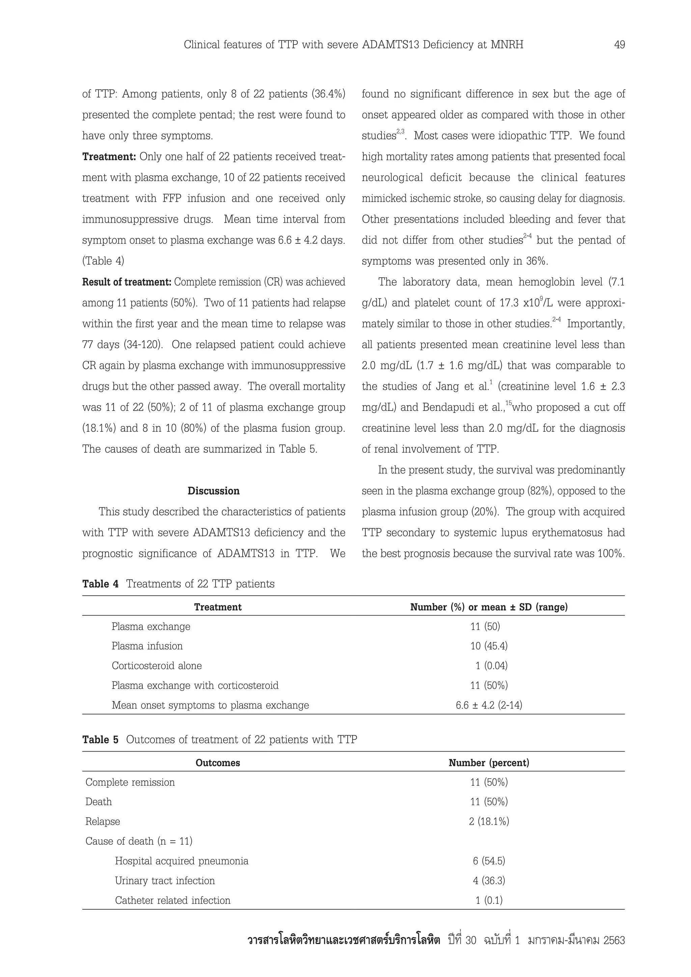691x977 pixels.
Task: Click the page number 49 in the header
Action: (x=619, y=45)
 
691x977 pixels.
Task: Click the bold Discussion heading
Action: (x=214, y=491)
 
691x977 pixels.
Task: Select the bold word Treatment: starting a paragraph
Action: (x=109, y=157)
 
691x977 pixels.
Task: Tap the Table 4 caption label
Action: (x=101, y=584)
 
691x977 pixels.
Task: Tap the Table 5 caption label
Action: (x=101, y=739)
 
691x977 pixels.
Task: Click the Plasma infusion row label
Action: (x=147, y=646)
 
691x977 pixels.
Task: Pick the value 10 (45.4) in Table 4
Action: (x=489, y=646)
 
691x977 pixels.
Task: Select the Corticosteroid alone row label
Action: (x=157, y=666)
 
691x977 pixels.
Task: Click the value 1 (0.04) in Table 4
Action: (x=492, y=666)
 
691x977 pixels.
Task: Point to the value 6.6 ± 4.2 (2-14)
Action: (x=489, y=705)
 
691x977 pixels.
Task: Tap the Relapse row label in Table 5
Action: (x=103, y=821)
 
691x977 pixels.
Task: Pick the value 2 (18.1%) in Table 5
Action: (x=489, y=821)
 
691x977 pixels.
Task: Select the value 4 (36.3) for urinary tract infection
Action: (x=489, y=881)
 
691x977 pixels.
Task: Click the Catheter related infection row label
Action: (x=173, y=900)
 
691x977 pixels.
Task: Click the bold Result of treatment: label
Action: (x=127, y=282)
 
